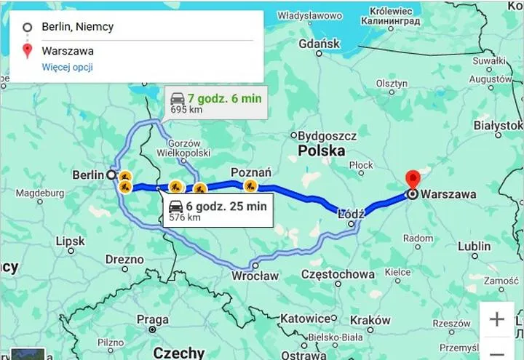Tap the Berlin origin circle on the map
tap(111, 175)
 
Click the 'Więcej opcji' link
tap(67, 68)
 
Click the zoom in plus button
tap(498, 319)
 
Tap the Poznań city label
tap(250, 172)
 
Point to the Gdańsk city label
tap(319, 44)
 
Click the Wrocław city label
tap(255, 276)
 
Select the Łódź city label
tap(351, 215)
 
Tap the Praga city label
tap(152, 319)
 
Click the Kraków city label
tap(370, 320)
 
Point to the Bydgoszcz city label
tap(328, 135)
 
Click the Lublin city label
tap(474, 246)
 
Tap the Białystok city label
tap(498, 126)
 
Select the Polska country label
tap(321, 151)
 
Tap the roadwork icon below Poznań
tap(250, 186)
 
